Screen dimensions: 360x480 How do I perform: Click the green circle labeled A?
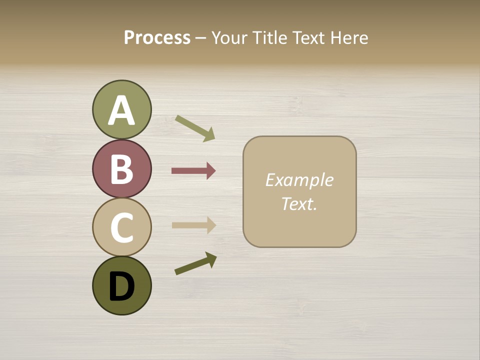(122, 109)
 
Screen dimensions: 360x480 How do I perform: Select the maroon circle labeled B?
(122, 168)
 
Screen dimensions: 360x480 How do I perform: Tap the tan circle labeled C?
(122, 227)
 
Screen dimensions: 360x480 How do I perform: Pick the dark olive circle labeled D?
(122, 285)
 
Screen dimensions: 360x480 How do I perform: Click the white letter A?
(122, 110)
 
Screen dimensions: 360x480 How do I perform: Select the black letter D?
(122, 287)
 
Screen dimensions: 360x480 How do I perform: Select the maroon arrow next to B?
(193, 171)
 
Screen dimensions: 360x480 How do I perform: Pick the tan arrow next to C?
(193, 225)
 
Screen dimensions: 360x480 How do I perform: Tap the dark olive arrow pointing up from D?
(195, 263)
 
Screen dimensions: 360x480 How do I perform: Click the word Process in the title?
(157, 38)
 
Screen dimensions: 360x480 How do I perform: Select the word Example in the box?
(299, 180)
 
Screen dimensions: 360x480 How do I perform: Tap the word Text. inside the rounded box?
(299, 204)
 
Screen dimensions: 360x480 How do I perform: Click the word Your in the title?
(230, 38)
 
